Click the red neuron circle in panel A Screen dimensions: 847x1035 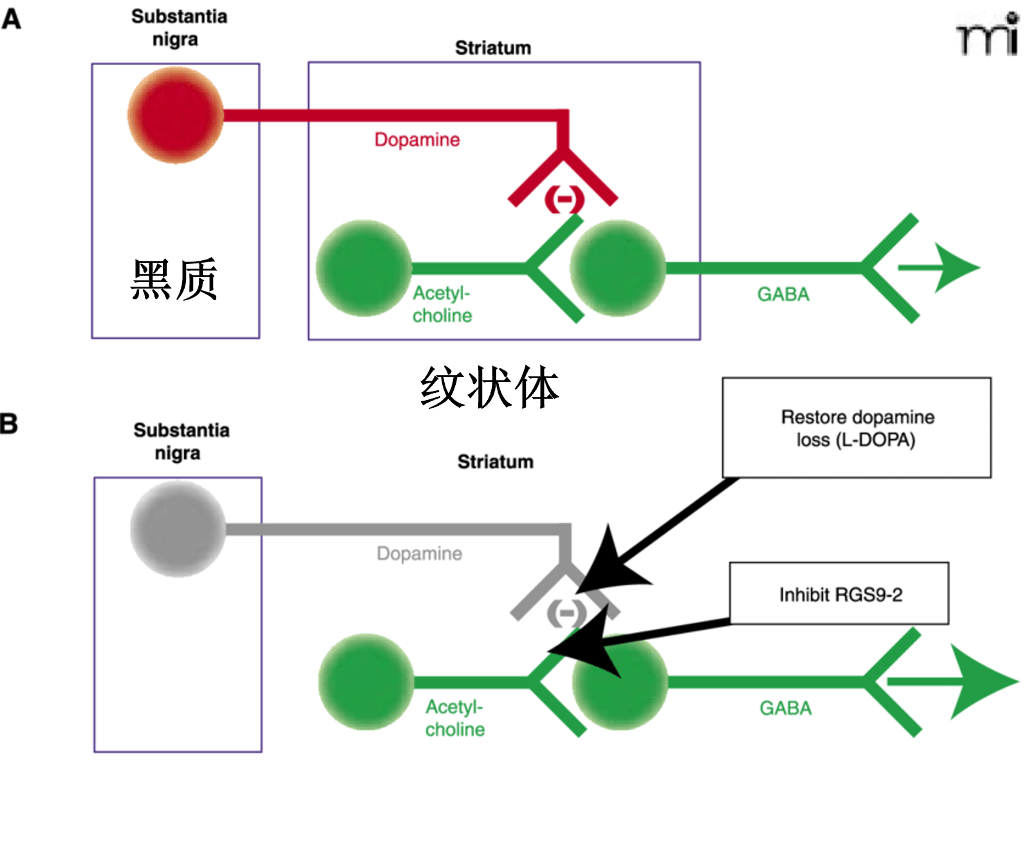coord(175,115)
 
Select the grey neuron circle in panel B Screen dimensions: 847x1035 coord(178,529)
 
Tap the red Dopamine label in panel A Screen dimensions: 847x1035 coord(417,140)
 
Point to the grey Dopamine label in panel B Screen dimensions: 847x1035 coord(419,553)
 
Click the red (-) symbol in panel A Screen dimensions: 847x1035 coord(564,199)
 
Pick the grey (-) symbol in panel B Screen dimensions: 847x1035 coord(566,613)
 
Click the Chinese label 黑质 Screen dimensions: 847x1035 coord(174,280)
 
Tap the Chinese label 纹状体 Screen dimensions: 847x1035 coord(489,388)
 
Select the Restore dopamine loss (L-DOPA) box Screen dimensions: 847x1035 coord(856,428)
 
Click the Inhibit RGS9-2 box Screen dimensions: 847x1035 coord(839,594)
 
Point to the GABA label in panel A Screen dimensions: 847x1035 coord(783,294)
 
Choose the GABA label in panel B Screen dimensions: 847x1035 coord(785,708)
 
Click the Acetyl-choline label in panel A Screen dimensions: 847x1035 coord(442,304)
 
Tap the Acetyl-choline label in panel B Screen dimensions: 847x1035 coord(454,718)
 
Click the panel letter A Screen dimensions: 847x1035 coord(11,19)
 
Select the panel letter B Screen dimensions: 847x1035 coord(9,424)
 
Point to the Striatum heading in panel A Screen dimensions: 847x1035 coord(493,48)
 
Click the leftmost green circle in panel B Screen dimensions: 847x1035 coord(366,681)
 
